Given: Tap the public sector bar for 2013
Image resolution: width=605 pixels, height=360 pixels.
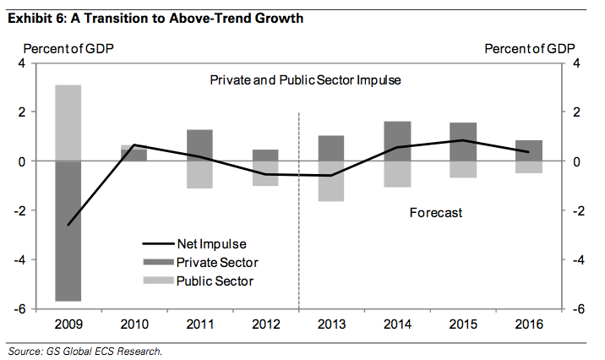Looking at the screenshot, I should (x=331, y=181).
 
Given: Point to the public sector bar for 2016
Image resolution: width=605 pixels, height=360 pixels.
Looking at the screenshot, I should (x=528, y=166).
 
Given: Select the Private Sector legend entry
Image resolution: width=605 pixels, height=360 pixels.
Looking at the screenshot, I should (x=211, y=262).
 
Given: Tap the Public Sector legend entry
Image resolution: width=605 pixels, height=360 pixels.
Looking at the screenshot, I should (x=211, y=281).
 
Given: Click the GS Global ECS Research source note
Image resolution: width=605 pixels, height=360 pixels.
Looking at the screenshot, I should (x=84, y=350).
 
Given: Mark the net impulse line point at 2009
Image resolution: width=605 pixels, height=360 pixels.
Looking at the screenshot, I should (x=68, y=225).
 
